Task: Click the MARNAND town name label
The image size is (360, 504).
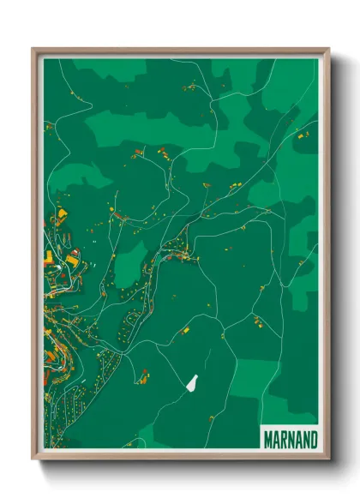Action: tap(290, 440)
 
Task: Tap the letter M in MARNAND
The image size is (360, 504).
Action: tap(267, 440)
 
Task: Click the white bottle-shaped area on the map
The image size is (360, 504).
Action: tap(194, 381)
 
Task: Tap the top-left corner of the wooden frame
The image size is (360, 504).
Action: tap(33, 49)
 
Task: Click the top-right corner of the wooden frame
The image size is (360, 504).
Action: tap(328, 49)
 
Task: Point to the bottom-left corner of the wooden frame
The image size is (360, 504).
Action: tap(33, 460)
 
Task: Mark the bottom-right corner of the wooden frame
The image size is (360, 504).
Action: tap(328, 460)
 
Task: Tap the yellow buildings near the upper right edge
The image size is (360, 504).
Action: tap(299, 135)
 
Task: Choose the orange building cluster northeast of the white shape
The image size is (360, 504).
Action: tap(256, 322)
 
